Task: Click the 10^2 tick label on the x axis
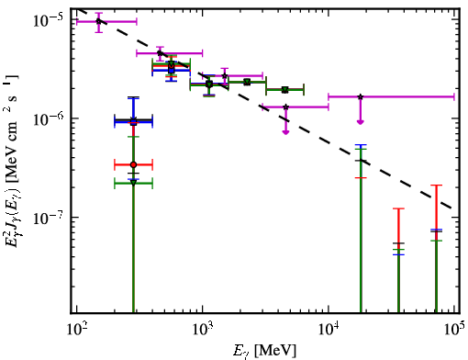(x=76, y=329)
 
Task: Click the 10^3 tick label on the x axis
(x=202, y=329)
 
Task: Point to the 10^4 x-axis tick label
(x=329, y=329)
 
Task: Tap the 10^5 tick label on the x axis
(x=454, y=329)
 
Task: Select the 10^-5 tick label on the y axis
(x=49, y=21)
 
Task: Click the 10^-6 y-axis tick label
(x=49, y=119)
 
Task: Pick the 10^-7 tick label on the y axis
(x=49, y=218)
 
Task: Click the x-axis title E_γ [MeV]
(x=265, y=350)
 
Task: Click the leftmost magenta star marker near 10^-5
(x=98, y=21)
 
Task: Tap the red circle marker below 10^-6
(x=133, y=164)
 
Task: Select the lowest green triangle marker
(x=133, y=183)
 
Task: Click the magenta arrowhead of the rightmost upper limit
(x=361, y=122)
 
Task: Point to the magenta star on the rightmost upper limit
(x=361, y=96)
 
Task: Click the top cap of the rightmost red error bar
(x=436, y=186)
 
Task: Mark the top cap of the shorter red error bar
(x=398, y=208)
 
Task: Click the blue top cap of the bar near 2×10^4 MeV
(x=361, y=145)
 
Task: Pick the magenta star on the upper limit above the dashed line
(x=361, y=96)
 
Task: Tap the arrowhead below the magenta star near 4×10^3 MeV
(x=285, y=132)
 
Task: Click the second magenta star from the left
(x=160, y=53)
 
